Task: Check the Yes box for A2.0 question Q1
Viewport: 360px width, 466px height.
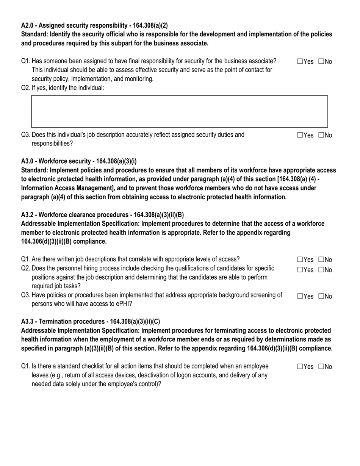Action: pos(300,61)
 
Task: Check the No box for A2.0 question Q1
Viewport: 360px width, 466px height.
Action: pos(321,61)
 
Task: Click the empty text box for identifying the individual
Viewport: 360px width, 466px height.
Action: pos(179,111)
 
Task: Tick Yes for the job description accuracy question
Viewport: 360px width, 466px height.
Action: pos(300,135)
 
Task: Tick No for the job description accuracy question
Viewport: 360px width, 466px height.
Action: pos(321,135)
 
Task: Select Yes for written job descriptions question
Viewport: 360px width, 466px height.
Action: pos(300,260)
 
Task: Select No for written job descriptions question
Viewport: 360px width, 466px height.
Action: pos(321,260)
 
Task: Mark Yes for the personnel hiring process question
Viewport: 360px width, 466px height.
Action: pos(300,270)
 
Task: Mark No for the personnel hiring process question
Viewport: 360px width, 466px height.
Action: pos(321,270)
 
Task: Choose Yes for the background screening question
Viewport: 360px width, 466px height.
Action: pos(300,296)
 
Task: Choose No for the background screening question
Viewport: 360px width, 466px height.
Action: pos(321,296)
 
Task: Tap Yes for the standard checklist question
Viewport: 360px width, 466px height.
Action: pos(300,366)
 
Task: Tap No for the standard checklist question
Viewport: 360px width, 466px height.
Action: pos(321,366)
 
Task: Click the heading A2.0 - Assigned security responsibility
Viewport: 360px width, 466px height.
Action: pos(94,25)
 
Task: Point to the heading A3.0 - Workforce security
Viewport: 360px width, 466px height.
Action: pos(79,161)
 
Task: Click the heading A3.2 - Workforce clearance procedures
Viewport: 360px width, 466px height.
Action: pos(102,215)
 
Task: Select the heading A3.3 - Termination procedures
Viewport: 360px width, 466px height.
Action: pos(91,322)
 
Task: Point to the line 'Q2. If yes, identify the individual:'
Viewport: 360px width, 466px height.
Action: pos(63,88)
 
